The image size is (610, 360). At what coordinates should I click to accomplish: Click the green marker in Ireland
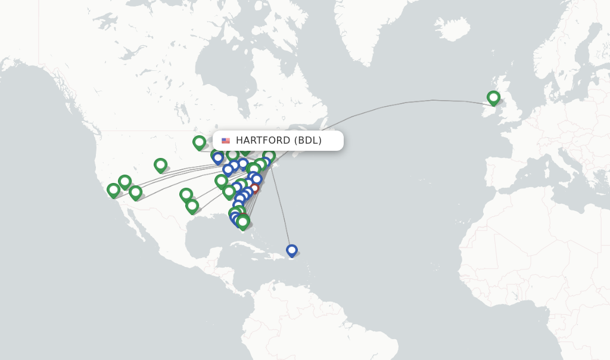[493, 97]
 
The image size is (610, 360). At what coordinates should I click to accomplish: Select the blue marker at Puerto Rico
[291, 250]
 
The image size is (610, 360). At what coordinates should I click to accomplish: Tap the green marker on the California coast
[113, 190]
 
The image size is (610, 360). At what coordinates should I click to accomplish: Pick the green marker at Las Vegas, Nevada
[125, 181]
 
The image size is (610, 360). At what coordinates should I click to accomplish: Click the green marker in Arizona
[135, 192]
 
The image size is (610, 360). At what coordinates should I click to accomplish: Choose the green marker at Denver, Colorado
[160, 165]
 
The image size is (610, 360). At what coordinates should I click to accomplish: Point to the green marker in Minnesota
[199, 142]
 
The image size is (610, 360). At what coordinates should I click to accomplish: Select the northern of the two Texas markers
[186, 194]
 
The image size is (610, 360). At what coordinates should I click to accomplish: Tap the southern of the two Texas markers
[192, 206]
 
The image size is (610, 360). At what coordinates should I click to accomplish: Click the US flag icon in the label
[226, 141]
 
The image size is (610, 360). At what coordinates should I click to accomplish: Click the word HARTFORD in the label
[263, 141]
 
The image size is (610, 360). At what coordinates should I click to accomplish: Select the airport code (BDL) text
[308, 141]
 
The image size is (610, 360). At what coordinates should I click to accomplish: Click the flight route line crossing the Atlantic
[405, 103]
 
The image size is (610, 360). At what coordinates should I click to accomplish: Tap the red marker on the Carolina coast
[254, 188]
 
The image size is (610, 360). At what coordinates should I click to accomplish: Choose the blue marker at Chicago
[218, 157]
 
